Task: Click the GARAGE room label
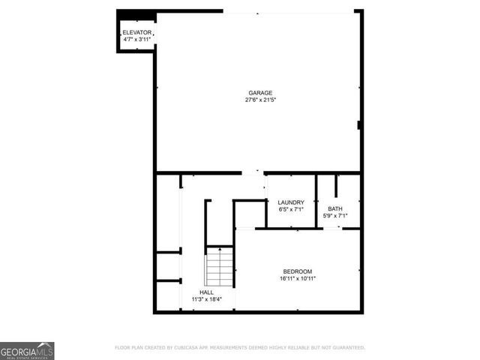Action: (260, 93)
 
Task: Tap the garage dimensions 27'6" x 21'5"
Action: (260, 100)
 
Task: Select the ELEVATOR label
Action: (136, 33)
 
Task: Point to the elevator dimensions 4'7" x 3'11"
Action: (136, 40)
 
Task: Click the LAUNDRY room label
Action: (290, 202)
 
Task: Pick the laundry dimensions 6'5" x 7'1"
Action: (290, 209)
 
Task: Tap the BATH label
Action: (334, 208)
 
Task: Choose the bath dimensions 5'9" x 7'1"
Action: (334, 216)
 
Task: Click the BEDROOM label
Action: (297, 271)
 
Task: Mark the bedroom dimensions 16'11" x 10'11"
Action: (297, 278)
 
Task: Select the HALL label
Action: (206, 292)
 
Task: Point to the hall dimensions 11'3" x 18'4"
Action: (206, 299)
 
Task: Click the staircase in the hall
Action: (219, 268)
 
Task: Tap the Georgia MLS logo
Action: (27, 350)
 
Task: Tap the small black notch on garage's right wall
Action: (359, 124)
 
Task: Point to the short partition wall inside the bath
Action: (336, 185)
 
